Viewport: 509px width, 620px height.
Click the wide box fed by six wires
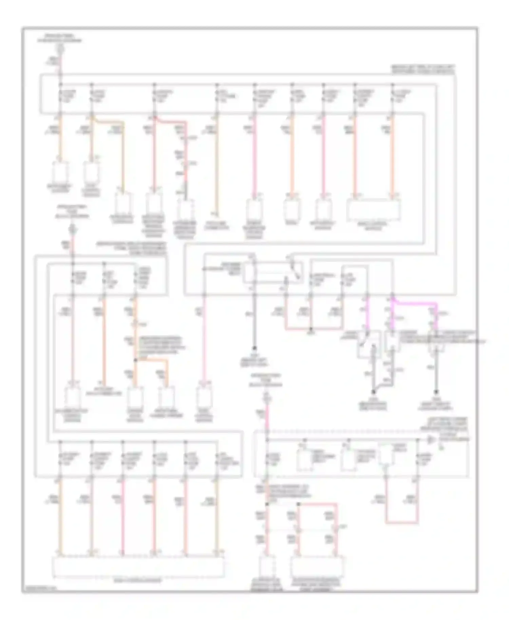pyautogui.click(x=138, y=567)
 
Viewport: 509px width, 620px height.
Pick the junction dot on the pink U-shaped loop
pyautogui.click(x=311, y=329)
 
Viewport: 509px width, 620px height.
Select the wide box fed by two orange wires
pyautogui.click(x=373, y=211)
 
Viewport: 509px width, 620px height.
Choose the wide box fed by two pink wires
pyautogui.click(x=317, y=566)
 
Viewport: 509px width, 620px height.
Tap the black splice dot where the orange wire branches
pyautogui.click(x=135, y=360)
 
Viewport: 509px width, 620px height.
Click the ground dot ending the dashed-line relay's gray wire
pyautogui.click(x=254, y=349)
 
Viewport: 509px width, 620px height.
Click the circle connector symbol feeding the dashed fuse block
pyautogui.click(x=267, y=397)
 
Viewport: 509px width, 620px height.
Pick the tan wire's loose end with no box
pyautogui.click(x=215, y=214)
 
